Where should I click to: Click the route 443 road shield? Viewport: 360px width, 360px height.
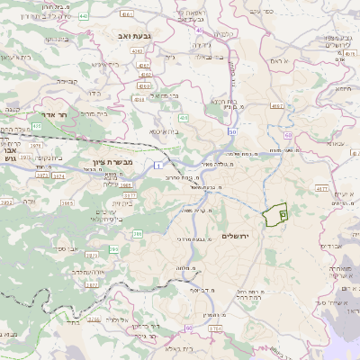84,15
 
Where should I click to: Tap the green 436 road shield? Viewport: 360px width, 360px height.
183,118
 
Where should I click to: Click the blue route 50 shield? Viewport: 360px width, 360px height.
232,131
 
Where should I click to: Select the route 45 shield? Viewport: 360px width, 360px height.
196,29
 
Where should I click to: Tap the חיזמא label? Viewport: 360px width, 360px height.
342,88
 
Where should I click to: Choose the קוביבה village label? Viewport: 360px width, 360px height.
67,80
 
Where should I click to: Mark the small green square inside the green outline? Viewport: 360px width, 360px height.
283,214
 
